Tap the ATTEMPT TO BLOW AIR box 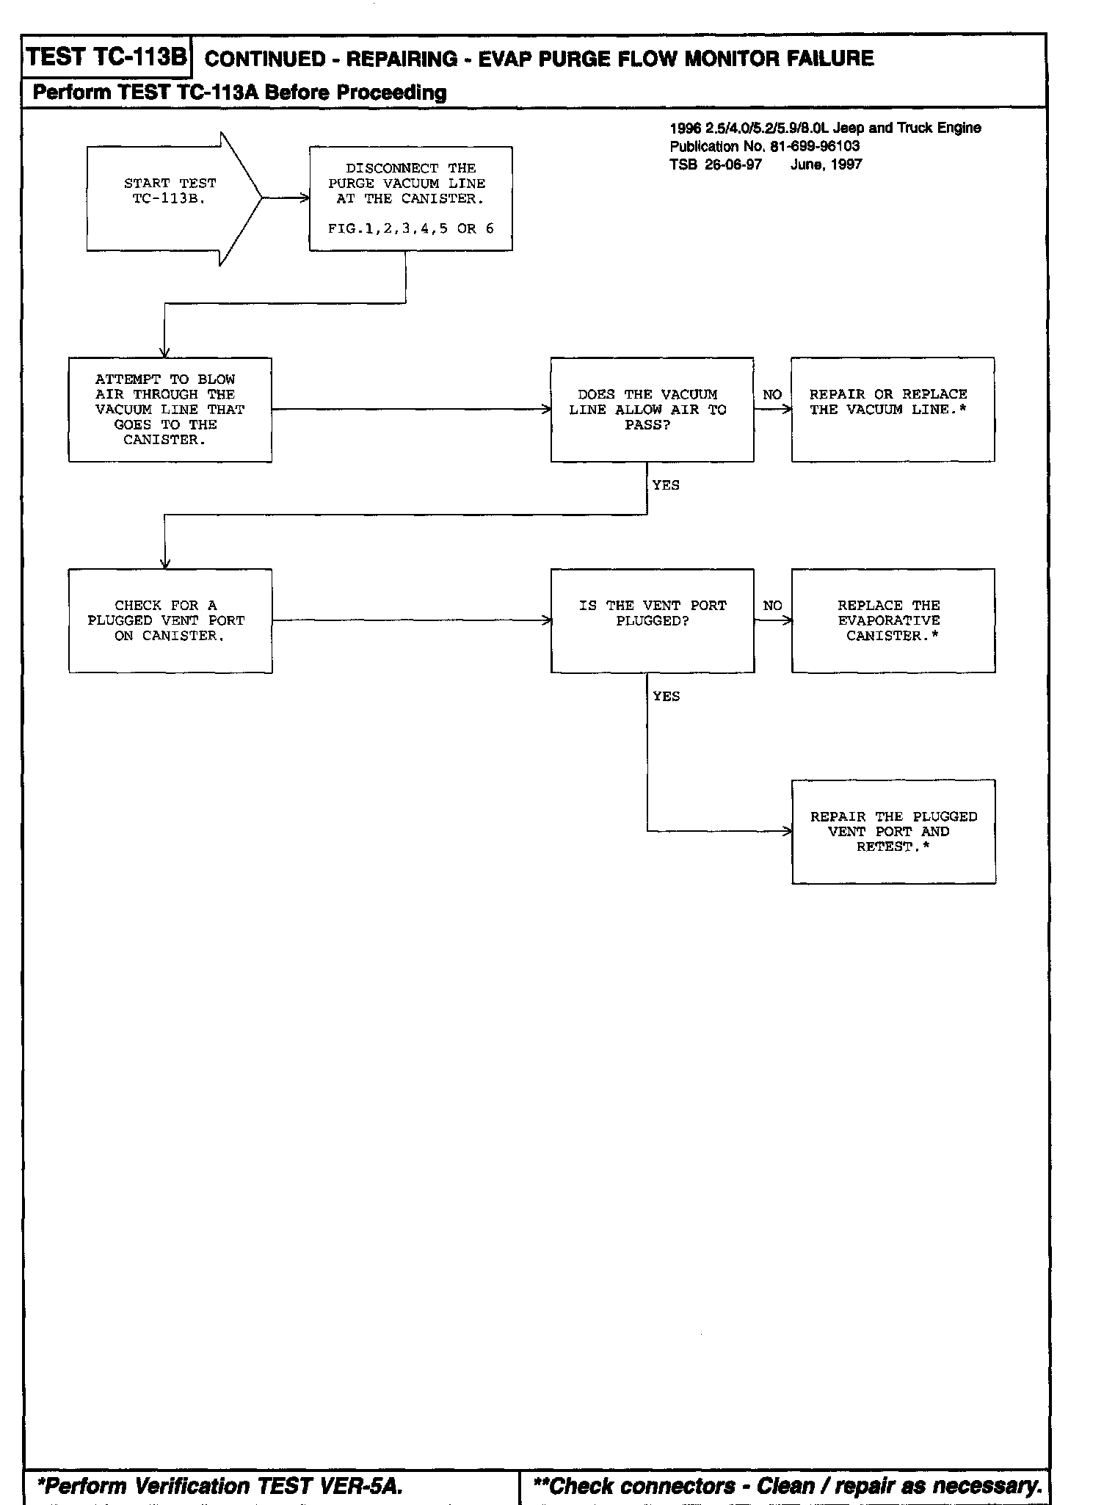pos(170,410)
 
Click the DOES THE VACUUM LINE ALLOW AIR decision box pos(652,410)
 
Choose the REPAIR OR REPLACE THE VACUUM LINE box pos(893,410)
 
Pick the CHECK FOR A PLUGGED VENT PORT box pos(170,621)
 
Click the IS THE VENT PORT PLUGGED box pos(652,620)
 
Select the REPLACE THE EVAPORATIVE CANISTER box pos(893,620)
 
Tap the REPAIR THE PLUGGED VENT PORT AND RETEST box pos(893,832)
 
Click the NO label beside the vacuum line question pos(772,395)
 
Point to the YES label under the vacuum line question pos(666,485)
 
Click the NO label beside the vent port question pos(772,606)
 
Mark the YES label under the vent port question pos(666,697)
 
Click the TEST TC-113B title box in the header pos(107,57)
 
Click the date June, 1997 pos(826,164)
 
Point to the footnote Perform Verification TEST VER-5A pos(219,1486)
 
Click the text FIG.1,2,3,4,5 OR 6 pos(410,229)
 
